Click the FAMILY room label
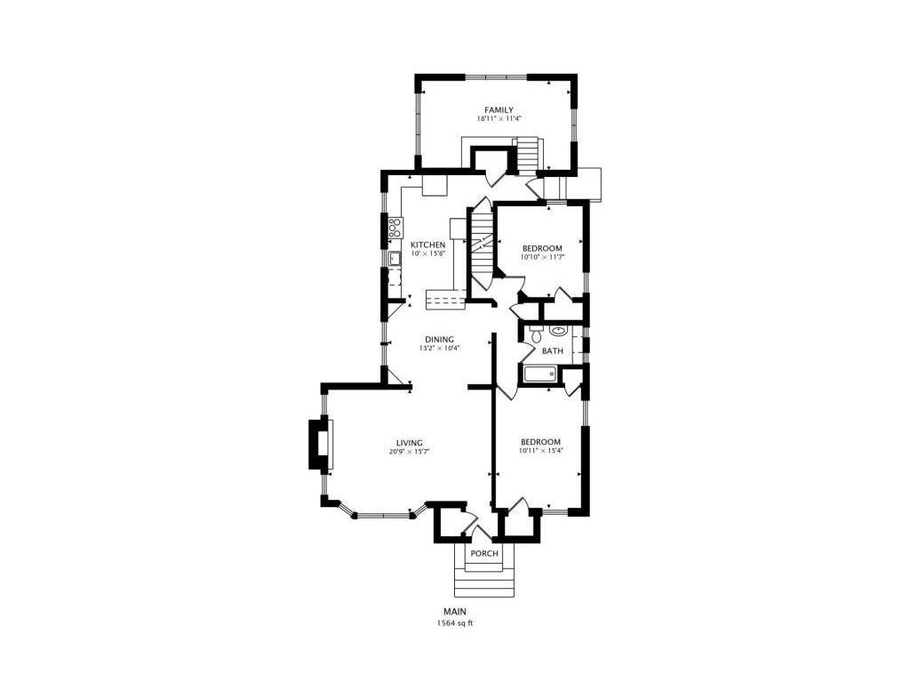click(499, 109)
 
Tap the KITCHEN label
click(427, 245)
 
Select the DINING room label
click(439, 340)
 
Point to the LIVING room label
click(409, 443)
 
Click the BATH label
click(552, 350)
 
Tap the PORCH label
click(484, 553)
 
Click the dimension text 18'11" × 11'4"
click(499, 118)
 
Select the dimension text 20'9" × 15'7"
click(409, 451)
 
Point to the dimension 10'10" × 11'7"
click(542, 257)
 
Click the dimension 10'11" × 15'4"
click(541, 450)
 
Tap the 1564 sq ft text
click(455, 623)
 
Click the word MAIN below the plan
click(455, 612)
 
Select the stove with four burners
click(396, 227)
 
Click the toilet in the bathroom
click(536, 334)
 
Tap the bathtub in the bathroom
click(539, 374)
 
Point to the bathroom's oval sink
click(558, 331)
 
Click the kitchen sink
click(395, 258)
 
